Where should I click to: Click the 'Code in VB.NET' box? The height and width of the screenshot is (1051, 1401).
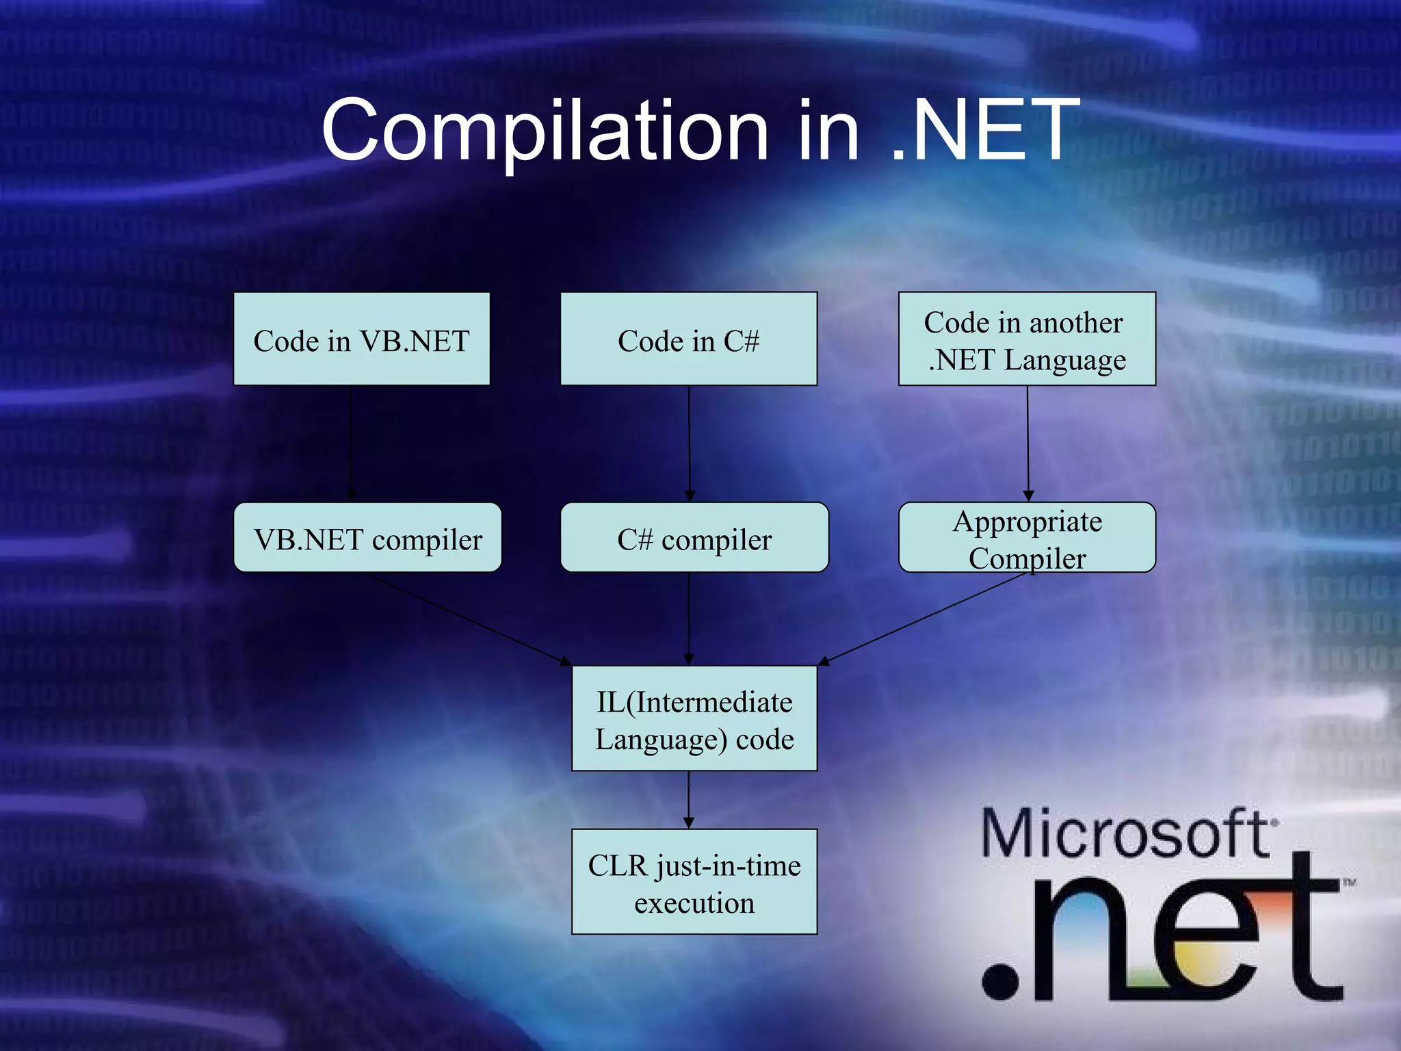click(361, 339)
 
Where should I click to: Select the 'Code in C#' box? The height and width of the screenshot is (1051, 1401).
click(688, 339)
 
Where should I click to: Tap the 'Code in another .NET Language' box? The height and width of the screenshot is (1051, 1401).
click(1027, 339)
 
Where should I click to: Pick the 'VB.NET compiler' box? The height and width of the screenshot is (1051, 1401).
click(367, 538)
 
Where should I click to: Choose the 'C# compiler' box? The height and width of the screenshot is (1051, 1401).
click(694, 538)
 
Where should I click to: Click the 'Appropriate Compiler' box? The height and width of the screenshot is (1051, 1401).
click(1027, 538)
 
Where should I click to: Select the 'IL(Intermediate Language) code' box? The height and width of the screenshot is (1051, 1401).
click(694, 718)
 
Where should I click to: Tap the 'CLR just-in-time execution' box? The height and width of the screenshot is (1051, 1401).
click(694, 882)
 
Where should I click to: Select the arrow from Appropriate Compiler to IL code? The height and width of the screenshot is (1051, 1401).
click(924, 619)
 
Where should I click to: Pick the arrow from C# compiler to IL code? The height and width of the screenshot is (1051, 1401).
click(688, 619)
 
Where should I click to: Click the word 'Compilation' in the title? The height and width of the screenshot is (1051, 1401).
click(545, 131)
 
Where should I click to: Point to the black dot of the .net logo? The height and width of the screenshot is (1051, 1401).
click(1000, 981)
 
